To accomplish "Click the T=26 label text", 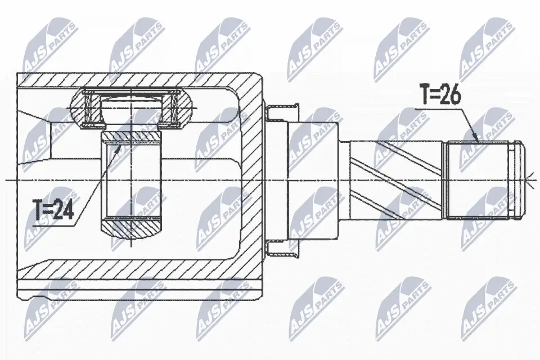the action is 440,94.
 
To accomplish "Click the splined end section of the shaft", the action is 479,180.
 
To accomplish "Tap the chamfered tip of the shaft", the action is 518,180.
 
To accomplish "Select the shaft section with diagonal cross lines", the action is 396,180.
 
